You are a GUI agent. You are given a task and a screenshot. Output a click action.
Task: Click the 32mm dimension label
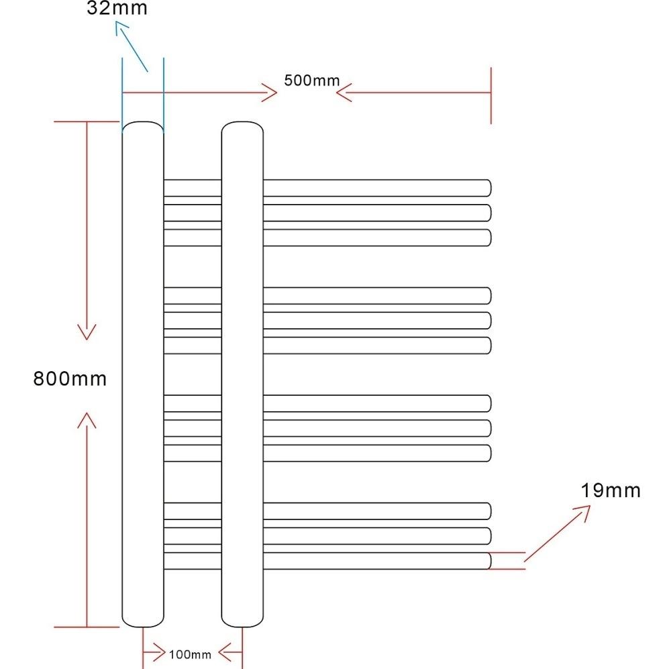[x=117, y=8]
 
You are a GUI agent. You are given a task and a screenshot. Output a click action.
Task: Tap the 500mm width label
[x=312, y=81]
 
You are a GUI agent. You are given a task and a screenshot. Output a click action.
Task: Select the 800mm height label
[x=70, y=378]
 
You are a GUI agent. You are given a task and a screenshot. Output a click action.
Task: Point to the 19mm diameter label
[x=611, y=491]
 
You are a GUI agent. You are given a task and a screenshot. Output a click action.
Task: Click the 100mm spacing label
[x=191, y=654]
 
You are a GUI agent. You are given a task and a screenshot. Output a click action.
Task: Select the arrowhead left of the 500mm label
[x=270, y=93]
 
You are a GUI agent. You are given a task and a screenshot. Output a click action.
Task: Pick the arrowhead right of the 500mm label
[x=344, y=93]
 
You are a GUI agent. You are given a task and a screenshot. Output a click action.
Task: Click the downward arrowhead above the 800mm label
[x=87, y=332]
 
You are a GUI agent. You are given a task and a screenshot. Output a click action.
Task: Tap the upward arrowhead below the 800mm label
[x=87, y=420]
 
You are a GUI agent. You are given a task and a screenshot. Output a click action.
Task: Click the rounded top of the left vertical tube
[x=143, y=122]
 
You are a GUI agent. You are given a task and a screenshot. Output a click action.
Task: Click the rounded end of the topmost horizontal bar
[x=490, y=188]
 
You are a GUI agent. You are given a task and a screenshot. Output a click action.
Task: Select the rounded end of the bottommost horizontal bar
[x=490, y=561]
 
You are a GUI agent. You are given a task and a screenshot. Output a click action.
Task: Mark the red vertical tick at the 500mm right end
[x=491, y=95]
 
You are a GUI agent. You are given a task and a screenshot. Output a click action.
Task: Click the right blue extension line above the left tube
[x=164, y=95]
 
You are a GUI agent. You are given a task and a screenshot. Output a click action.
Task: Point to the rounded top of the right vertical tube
[x=242, y=122]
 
